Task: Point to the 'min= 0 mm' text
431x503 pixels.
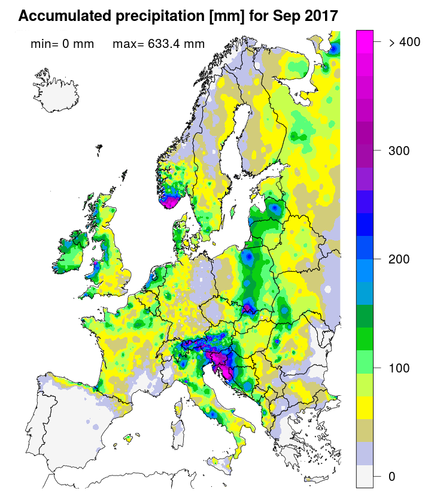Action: click(x=62, y=44)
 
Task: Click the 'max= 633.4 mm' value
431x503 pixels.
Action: click(x=159, y=44)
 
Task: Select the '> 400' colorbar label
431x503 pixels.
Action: click(x=405, y=42)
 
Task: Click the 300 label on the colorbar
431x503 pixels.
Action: click(x=399, y=150)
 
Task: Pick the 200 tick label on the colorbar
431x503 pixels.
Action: click(x=399, y=259)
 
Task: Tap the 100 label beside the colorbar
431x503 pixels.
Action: click(x=399, y=368)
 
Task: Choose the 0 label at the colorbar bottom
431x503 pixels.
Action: click(x=391, y=476)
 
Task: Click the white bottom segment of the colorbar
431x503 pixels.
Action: click(x=365, y=477)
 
